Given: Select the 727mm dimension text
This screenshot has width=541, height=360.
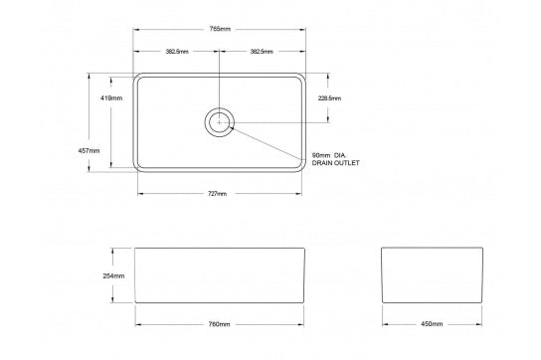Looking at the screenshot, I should pyautogui.click(x=219, y=193).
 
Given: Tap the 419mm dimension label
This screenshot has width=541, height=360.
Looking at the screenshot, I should pyautogui.click(x=111, y=98).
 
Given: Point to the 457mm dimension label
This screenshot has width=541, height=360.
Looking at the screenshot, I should pyautogui.click(x=89, y=149).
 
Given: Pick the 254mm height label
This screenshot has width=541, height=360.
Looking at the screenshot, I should pyautogui.click(x=112, y=275).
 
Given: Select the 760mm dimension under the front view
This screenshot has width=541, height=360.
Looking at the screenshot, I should pyautogui.click(x=219, y=324).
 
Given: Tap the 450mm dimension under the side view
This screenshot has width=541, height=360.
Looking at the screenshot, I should pyautogui.click(x=432, y=324).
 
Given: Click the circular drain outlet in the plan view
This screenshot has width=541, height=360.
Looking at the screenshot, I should pyautogui.click(x=219, y=122).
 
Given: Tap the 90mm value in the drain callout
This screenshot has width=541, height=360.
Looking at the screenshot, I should pyautogui.click(x=321, y=155).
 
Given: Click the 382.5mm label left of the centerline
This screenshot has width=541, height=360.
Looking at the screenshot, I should pyautogui.click(x=178, y=51).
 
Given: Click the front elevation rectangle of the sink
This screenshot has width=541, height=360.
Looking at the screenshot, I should pyautogui.click(x=219, y=275).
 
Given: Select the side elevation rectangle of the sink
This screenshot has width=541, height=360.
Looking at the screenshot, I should pyautogui.click(x=431, y=275).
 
